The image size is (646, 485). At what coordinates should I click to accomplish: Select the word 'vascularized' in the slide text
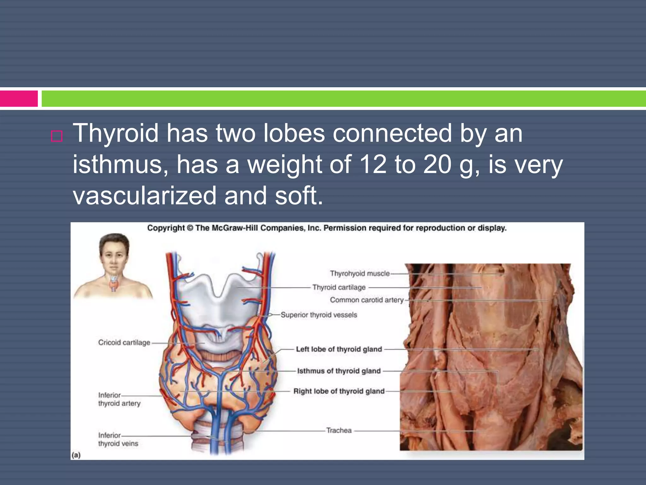144,195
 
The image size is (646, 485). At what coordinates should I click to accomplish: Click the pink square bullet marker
57,136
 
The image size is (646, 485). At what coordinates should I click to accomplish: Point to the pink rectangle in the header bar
19,99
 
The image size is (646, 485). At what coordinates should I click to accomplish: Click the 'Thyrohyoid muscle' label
360,273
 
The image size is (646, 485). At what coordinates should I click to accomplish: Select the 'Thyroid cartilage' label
339,287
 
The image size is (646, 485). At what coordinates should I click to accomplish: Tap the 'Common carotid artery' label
367,300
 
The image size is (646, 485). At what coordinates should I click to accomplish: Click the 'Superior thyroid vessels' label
319,315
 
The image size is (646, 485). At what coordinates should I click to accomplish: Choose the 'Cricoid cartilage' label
124,343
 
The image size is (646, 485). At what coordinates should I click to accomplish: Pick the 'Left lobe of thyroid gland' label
339,349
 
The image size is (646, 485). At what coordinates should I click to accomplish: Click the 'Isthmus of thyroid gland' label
339,371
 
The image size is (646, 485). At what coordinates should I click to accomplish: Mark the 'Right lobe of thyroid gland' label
339,391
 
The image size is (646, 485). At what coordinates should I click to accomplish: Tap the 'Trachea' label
339,430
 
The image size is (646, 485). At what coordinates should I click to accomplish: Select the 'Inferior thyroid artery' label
119,399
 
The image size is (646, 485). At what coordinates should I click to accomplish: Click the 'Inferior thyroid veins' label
118,440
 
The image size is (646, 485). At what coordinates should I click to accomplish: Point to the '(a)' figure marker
76,455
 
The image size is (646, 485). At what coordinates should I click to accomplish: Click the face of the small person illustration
114,256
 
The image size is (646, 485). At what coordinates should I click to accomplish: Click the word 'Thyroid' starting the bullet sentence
115,133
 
